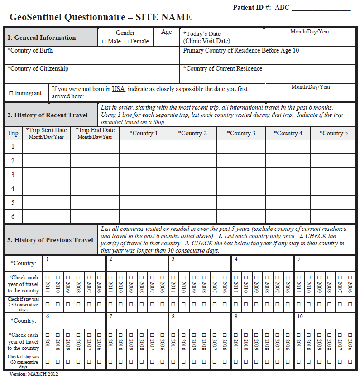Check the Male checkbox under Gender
(104, 42)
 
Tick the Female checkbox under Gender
(126, 42)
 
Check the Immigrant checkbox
(11, 93)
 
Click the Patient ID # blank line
(322, 8)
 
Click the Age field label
(166, 32)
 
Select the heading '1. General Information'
(41, 38)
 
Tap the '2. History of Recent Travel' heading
(47, 115)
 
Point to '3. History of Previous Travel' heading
(50, 240)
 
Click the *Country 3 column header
(240, 133)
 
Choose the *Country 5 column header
(334, 133)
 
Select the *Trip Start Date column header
(46, 133)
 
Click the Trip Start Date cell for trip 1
(46, 147)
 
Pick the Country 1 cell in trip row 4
(144, 188)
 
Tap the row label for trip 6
(13, 216)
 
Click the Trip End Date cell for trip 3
(95, 175)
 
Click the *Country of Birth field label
(30, 51)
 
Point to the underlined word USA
(118, 89)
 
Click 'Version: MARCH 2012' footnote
(34, 374)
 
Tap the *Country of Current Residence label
(223, 69)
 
